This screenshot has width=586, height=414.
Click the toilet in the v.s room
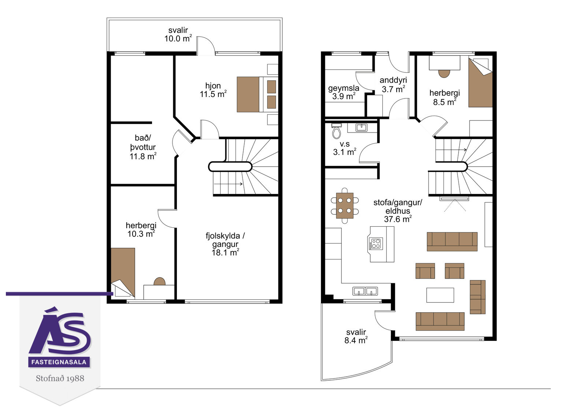tap(337, 131)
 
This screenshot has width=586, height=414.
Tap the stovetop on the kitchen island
tap(376, 243)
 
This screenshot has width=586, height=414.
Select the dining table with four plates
tap(345, 206)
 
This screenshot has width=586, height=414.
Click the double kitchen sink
tap(365, 291)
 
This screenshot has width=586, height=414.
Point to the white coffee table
tap(440, 295)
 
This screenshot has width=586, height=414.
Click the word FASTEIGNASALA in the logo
tap(59, 362)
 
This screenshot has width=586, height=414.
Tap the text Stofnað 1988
tap(60, 378)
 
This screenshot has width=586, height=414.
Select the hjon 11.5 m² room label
tap(213, 90)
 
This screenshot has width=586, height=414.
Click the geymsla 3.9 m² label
tap(344, 92)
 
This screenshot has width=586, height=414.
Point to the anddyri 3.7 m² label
tap(393, 85)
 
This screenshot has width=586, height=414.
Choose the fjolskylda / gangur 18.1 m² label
tap(225, 244)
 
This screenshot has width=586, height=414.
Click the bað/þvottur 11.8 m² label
tap(143, 147)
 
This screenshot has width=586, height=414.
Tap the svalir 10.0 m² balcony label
tap(178, 34)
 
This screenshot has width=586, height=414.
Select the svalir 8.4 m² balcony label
tap(356, 336)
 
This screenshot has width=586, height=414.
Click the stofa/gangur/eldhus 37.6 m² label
tap(398, 211)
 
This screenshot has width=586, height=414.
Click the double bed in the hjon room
tap(257, 94)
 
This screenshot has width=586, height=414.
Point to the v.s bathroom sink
tap(361, 128)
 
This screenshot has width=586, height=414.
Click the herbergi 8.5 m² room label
tap(445, 97)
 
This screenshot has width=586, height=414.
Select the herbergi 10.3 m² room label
tap(141, 230)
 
